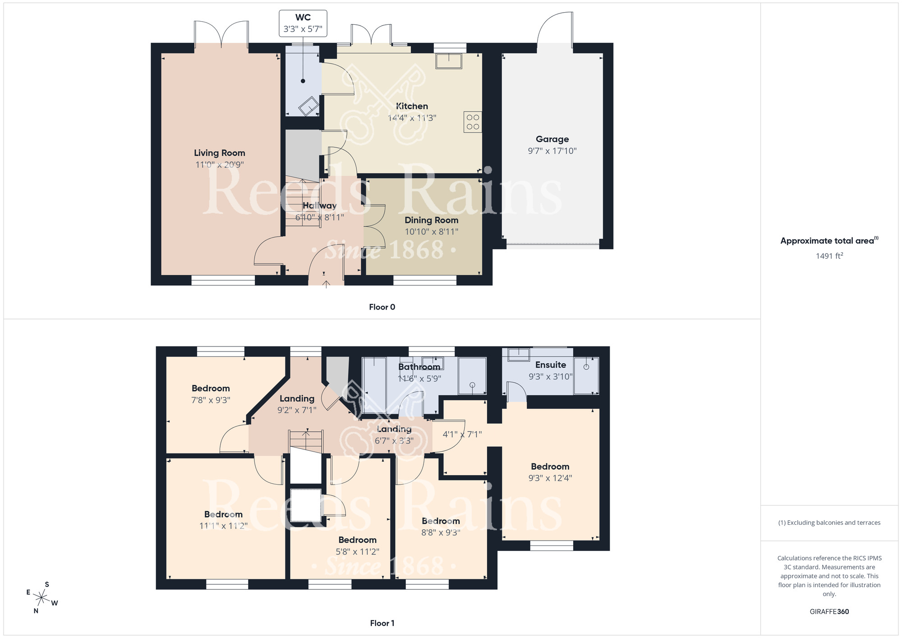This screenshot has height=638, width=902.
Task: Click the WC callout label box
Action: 303,23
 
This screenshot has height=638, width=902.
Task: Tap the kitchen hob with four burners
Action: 473,122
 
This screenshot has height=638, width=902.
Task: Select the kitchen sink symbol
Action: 449,61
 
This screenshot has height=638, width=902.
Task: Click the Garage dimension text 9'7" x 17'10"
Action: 552,151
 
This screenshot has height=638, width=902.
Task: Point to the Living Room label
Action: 220,153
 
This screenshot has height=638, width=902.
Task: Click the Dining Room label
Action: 431,220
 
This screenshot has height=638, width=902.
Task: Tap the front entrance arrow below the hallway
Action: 326,284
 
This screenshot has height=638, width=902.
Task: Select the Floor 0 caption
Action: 382,307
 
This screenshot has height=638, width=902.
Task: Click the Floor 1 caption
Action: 382,623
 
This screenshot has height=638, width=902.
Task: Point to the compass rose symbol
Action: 41,598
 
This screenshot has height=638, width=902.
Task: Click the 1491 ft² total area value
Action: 829,256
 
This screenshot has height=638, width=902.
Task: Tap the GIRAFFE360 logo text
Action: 829,612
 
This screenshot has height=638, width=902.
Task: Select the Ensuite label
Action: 550,365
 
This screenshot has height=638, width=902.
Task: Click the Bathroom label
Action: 419,367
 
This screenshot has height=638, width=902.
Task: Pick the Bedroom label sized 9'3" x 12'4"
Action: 550,467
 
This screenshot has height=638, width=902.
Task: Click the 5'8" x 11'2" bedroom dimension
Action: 357,552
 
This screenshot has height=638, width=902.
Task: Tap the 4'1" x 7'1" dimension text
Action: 462,435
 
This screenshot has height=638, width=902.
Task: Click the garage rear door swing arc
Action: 555,27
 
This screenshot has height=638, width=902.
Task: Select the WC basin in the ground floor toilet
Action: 309,106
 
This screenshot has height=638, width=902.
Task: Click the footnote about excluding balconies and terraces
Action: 829,522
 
